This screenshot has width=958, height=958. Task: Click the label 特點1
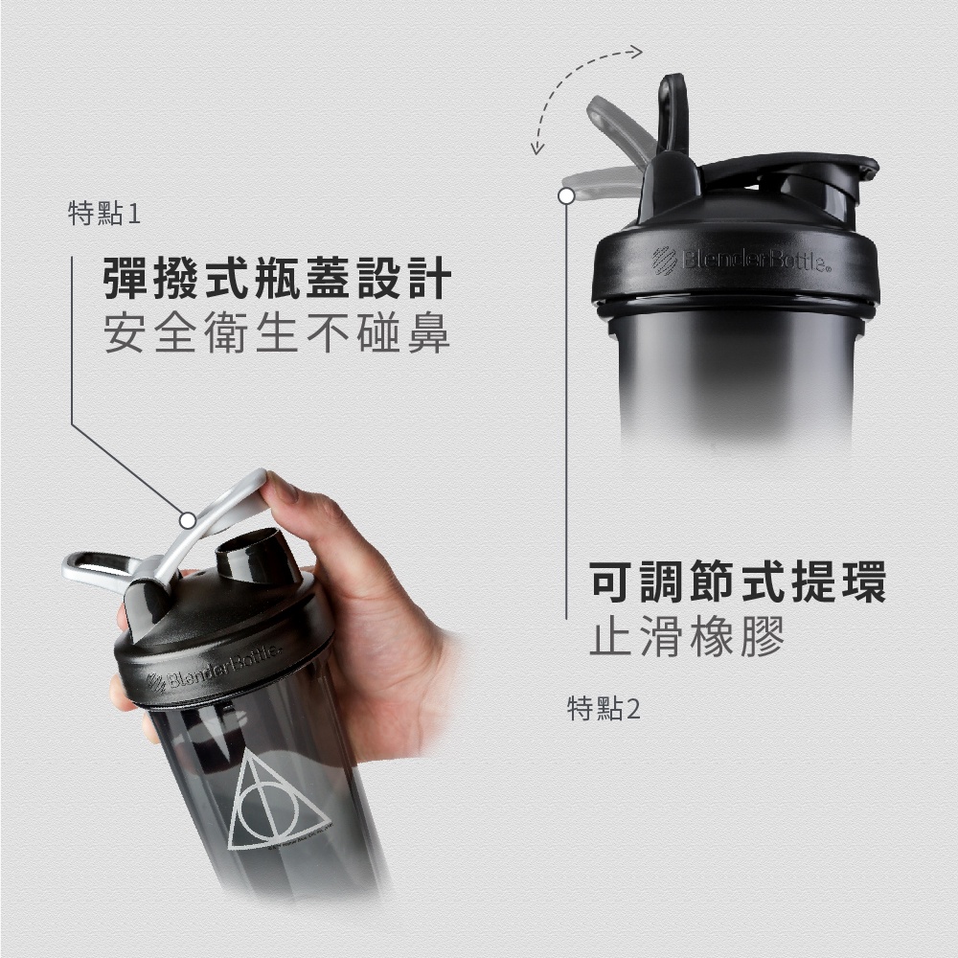point(104,214)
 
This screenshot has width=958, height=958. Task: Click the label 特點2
point(604,709)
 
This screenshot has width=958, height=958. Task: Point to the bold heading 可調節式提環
point(738,582)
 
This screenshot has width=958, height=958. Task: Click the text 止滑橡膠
point(687,636)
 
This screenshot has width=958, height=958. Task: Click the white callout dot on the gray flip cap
point(188,519)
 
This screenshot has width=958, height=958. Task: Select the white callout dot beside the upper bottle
point(566,195)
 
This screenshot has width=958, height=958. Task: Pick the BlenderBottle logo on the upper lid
point(741,259)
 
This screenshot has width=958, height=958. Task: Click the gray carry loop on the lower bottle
point(96,571)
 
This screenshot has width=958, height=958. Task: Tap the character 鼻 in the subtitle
point(428,334)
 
